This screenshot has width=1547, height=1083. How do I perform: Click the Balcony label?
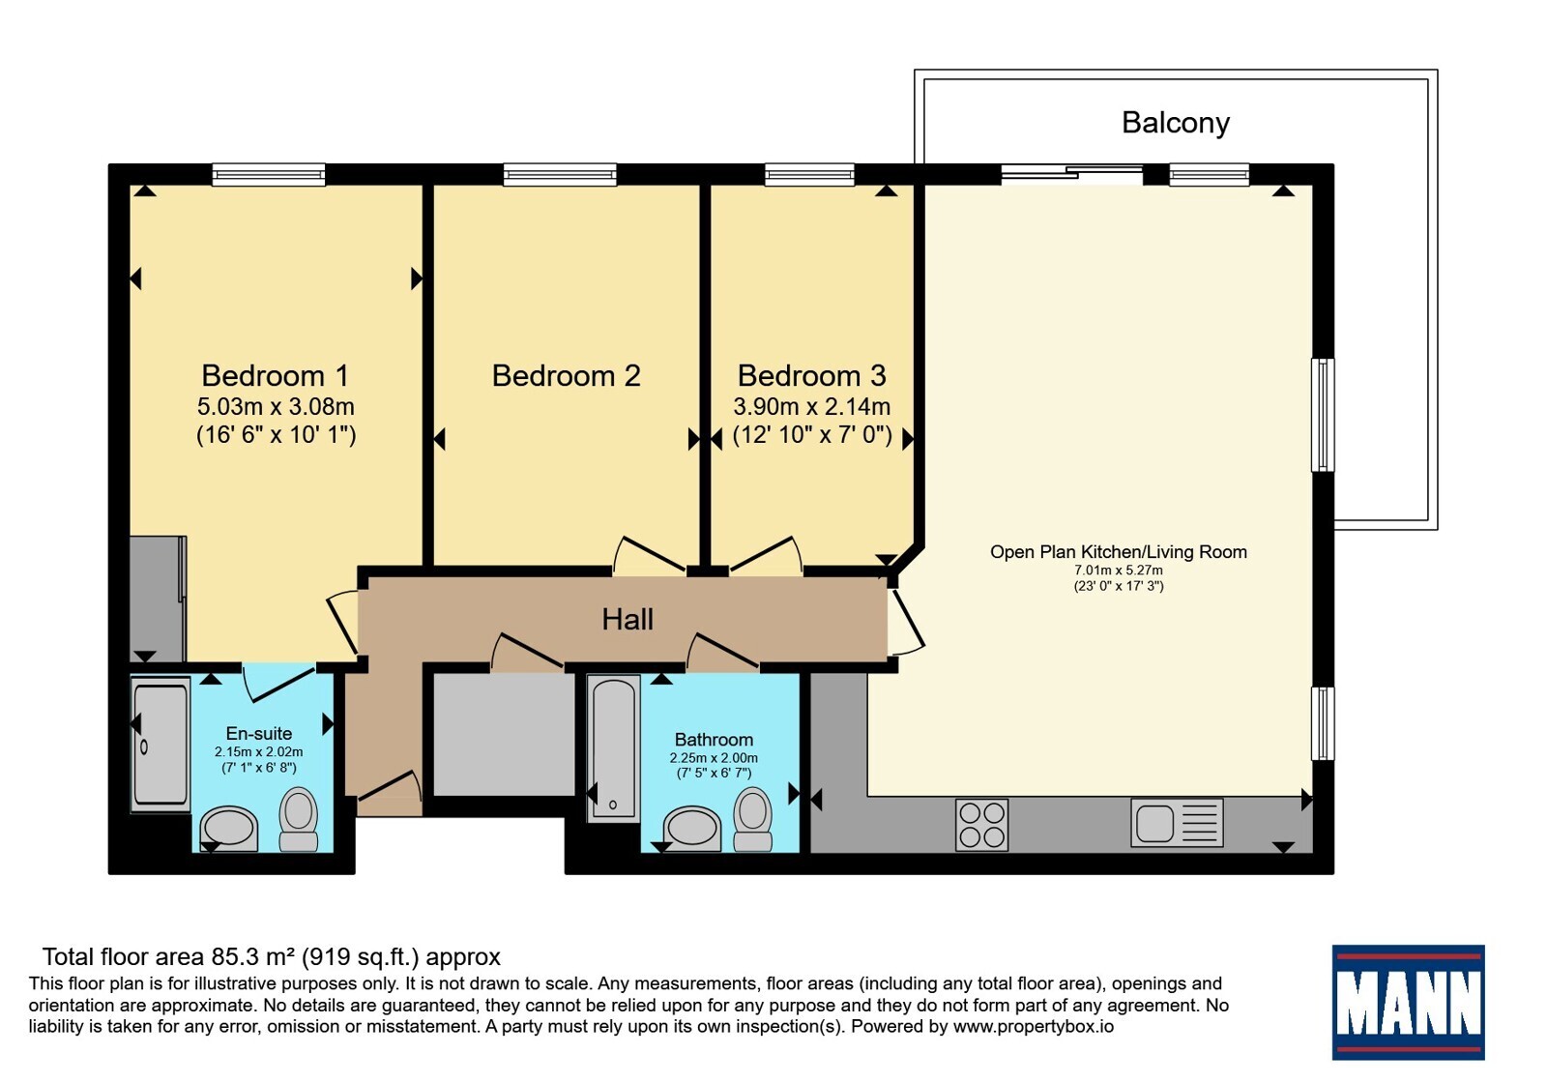1176,124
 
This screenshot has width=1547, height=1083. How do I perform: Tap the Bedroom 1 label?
275,376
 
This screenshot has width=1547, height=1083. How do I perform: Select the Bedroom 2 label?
567,376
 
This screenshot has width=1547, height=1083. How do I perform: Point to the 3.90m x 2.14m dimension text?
811,406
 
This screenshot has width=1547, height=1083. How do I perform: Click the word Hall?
628,620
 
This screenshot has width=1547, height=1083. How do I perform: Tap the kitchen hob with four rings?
982,825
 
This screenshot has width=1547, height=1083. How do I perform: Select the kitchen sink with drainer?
1177,823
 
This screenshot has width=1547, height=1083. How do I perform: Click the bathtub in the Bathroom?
613,748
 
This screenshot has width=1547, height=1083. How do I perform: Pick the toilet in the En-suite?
299,820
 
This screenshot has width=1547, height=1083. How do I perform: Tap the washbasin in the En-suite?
228,827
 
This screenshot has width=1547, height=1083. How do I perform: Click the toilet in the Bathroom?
752,820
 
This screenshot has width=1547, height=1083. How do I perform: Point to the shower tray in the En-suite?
161,745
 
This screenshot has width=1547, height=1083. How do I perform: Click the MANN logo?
1408,1002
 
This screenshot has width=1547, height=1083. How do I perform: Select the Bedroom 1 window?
269,175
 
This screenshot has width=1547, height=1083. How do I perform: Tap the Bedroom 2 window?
560,175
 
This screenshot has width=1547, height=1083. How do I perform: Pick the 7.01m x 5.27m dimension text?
1118,571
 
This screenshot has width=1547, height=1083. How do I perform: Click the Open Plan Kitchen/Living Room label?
1118,552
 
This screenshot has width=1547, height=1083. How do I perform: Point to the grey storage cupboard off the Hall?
504,734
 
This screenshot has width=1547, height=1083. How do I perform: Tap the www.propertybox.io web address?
1034,1026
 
